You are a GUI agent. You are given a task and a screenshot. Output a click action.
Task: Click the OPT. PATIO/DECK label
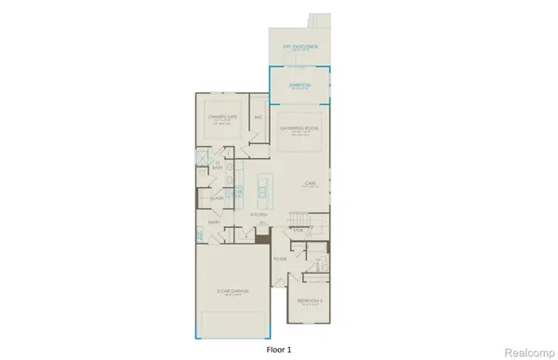click(x=300, y=46)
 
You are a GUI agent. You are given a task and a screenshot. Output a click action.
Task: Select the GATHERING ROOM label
click(x=300, y=127)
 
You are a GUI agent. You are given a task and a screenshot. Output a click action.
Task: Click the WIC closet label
click(x=258, y=118)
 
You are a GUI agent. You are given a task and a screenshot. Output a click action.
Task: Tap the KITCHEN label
click(x=259, y=215)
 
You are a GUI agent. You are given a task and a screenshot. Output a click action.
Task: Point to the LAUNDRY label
click(x=216, y=197)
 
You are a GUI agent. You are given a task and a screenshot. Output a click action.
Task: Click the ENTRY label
click(x=214, y=222)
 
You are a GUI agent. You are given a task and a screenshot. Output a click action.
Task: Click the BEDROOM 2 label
click(x=310, y=300)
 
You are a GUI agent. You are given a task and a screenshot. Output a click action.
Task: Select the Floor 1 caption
click(x=278, y=347)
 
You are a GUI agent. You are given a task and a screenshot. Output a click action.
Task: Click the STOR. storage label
click(x=299, y=230)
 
